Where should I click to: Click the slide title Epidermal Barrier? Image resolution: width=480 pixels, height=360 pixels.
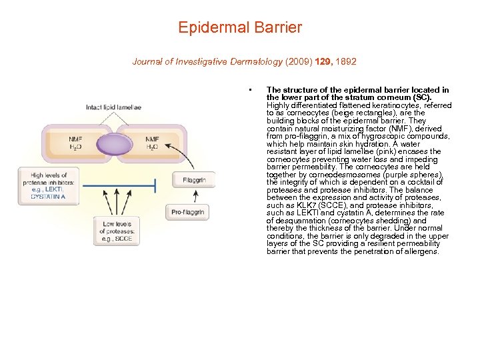tap(240, 28)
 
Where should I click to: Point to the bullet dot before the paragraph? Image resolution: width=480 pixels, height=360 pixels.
tap(249, 90)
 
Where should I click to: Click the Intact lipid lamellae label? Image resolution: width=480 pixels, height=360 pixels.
tap(113, 107)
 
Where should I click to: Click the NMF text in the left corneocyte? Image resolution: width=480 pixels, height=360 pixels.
tap(77, 139)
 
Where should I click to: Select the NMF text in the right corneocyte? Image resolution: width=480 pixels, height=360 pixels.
tap(152, 139)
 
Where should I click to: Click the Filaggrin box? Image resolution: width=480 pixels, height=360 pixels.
tap(194, 180)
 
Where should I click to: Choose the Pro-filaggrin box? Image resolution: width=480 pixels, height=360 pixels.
tap(187, 213)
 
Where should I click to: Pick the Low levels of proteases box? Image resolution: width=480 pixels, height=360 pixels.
tap(118, 231)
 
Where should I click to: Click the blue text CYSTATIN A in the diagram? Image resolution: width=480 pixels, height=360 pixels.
tap(49, 197)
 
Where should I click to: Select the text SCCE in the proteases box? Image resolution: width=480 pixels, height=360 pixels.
tap(124, 239)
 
